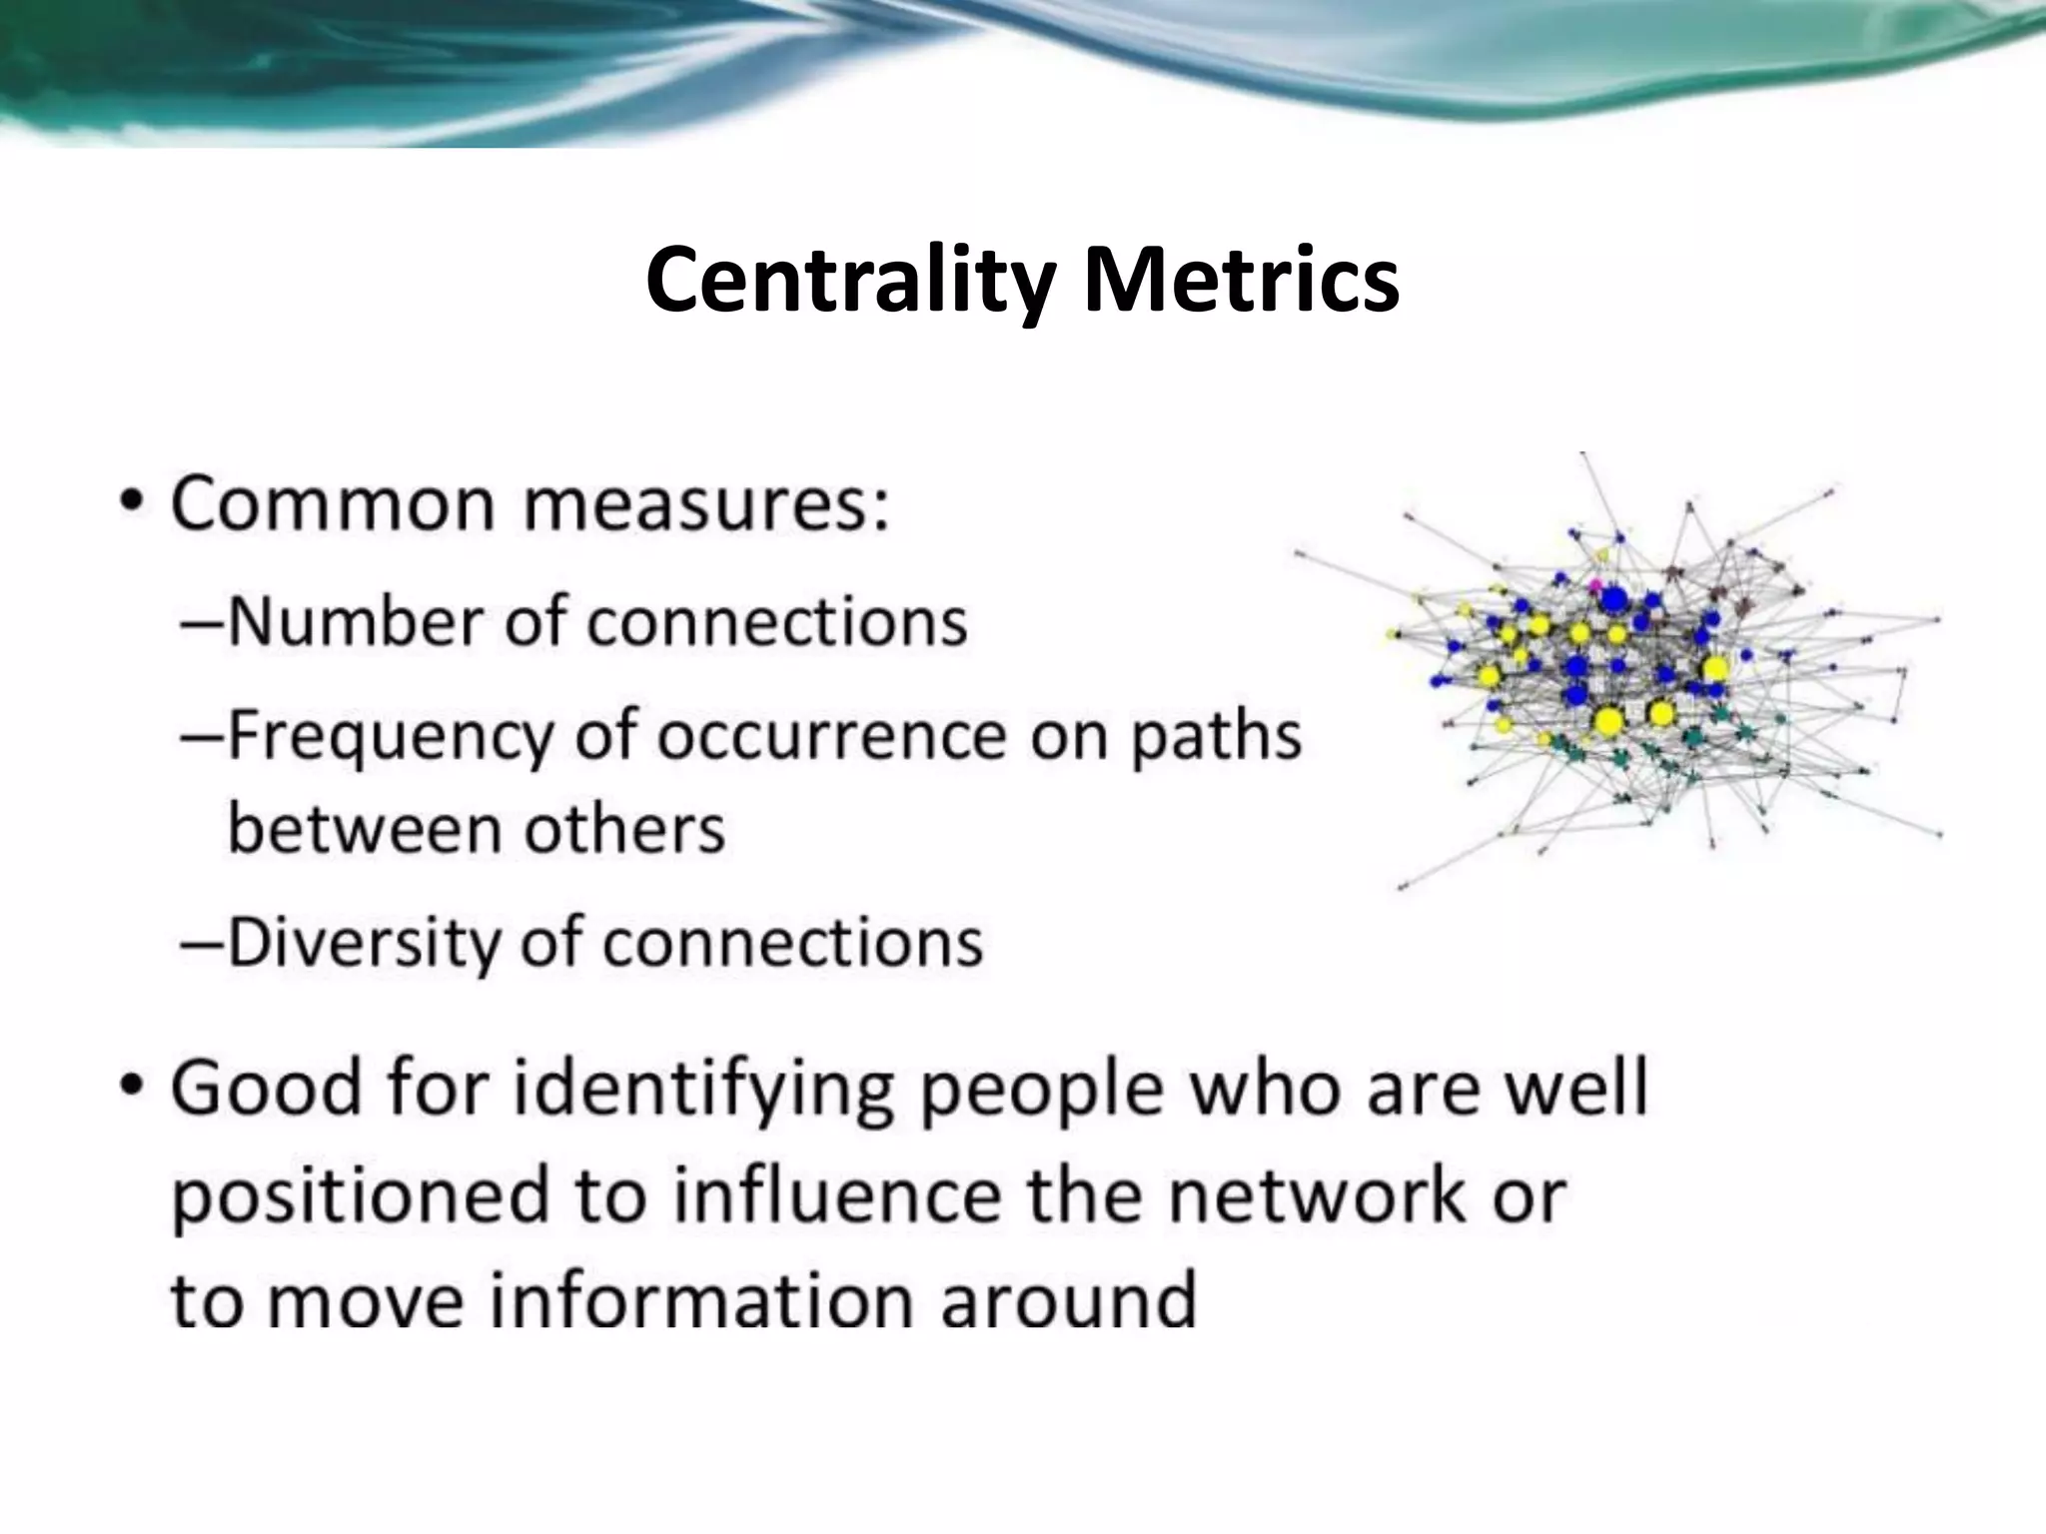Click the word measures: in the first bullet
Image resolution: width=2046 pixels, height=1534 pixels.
coord(705,505)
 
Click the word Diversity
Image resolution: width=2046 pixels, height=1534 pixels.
coord(363,943)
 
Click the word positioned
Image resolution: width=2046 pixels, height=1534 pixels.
coord(360,1197)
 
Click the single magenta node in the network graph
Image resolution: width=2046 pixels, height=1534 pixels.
coord(1595,584)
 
